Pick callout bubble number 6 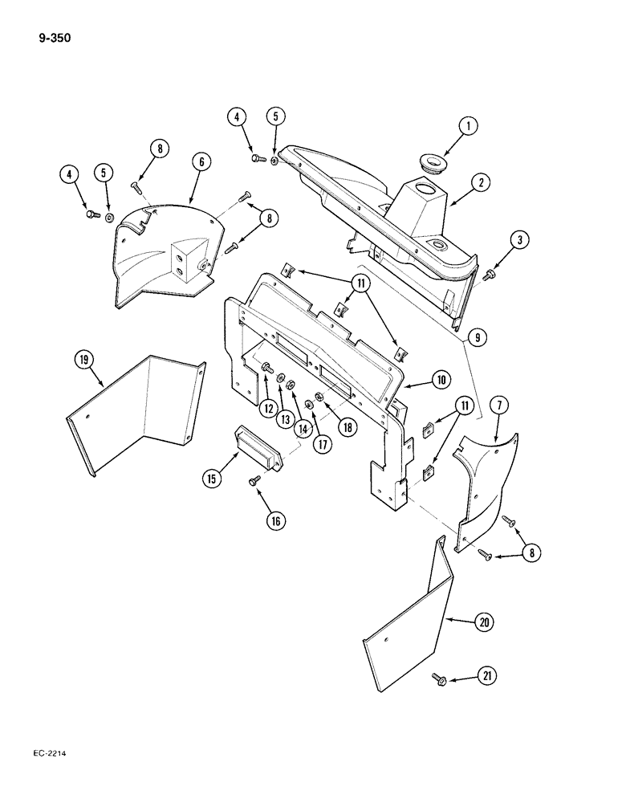(201, 162)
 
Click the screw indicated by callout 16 (254, 480)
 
